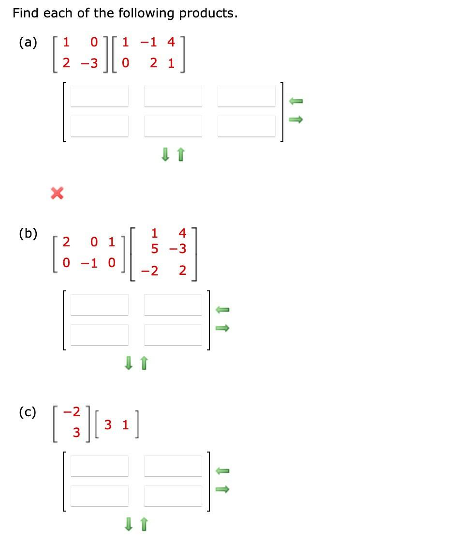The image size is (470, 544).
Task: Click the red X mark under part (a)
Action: (x=57, y=194)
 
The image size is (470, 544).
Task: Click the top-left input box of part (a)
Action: (x=100, y=96)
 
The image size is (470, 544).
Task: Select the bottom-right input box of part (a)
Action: (x=246, y=126)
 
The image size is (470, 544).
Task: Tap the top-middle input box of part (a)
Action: (x=173, y=96)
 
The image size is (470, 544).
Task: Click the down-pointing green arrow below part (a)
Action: (x=165, y=155)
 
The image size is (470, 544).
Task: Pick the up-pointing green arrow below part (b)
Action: (x=143, y=363)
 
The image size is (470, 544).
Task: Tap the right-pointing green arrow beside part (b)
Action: (x=221, y=328)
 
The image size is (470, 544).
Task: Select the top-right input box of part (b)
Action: (x=173, y=305)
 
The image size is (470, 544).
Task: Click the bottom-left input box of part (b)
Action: (x=100, y=334)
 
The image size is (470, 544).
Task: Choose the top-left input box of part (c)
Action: (x=100, y=466)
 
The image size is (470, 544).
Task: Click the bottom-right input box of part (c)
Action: (x=173, y=496)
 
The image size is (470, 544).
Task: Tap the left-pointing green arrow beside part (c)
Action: (x=221, y=470)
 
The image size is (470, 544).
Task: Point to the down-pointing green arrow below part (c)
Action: (x=128, y=524)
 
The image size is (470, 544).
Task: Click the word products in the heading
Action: (x=208, y=13)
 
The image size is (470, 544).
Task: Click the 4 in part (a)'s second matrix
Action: (x=171, y=42)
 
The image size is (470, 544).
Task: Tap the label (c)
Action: (x=28, y=412)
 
